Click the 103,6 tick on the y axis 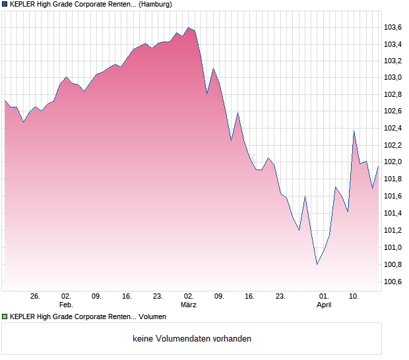393,27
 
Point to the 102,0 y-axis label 393,162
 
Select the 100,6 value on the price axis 393,282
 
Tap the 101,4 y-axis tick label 393,213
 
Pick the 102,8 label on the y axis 393,94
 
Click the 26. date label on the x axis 36,297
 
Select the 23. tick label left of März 158,297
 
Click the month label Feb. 66,305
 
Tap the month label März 189,305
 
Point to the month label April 324,305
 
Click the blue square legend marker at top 5,5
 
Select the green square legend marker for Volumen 5,317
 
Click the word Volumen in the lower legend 152,317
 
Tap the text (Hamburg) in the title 156,5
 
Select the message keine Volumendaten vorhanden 192,339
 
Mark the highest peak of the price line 189,28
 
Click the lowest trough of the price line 317,264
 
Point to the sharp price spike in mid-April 354,131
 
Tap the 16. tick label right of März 249,297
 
